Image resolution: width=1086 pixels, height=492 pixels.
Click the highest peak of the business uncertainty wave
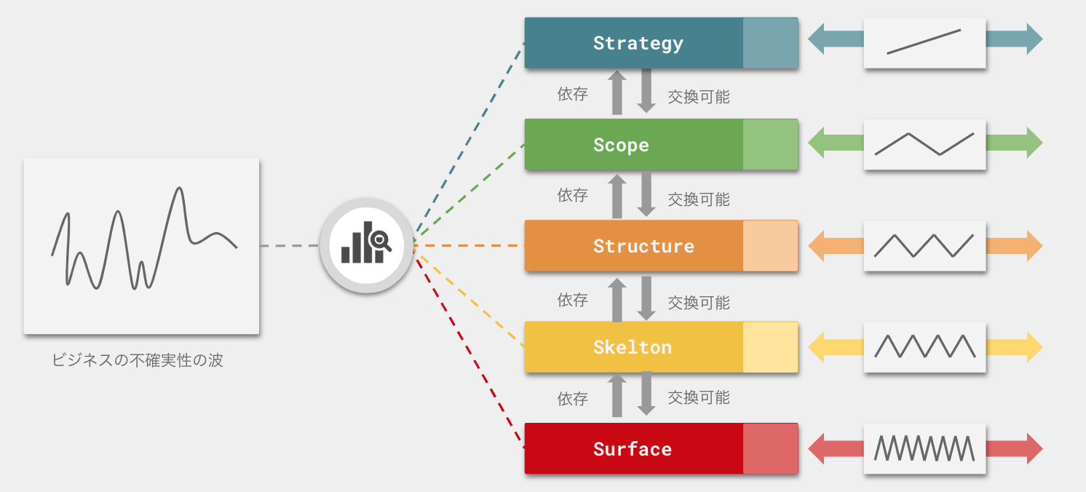[179, 188]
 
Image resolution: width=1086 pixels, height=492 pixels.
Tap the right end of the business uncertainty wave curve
[237, 247]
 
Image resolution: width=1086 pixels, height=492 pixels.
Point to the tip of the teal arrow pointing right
[1042, 39]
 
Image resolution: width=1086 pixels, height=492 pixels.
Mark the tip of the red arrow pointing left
[808, 448]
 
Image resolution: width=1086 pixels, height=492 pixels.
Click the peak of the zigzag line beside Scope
[908, 133]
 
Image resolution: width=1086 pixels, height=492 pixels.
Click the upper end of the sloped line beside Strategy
[960, 31]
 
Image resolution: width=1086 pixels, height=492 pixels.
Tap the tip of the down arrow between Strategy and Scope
[646, 113]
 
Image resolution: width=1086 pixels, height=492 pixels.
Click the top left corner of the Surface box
[525, 423]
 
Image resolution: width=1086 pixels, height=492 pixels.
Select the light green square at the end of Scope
[770, 144]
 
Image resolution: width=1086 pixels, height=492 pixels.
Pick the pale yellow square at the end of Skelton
[770, 347]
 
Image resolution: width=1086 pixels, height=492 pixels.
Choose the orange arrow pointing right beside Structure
[1014, 246]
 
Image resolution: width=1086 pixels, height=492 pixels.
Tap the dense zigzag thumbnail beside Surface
[924, 448]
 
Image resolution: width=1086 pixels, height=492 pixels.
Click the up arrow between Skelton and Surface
[617, 395]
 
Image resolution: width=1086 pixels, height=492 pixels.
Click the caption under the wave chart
[137, 360]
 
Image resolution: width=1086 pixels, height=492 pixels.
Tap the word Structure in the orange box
[644, 246]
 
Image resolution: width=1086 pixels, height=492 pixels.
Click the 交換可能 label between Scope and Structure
[699, 199]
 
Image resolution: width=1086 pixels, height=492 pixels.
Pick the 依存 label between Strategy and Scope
[573, 94]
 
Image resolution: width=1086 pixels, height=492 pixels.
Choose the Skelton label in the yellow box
[633, 348]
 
